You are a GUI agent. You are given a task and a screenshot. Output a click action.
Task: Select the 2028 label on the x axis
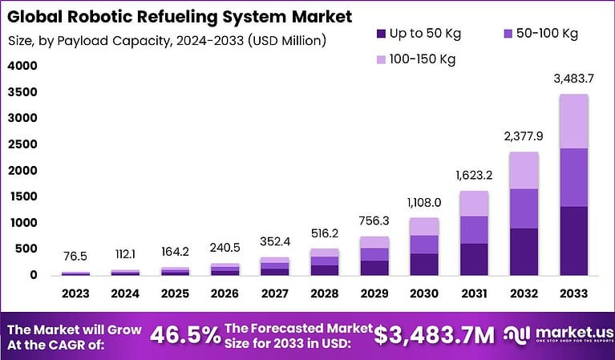click(324, 293)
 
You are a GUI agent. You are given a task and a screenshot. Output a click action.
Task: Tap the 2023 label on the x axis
click(76, 293)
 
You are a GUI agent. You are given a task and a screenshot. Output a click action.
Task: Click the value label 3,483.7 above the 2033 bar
click(573, 78)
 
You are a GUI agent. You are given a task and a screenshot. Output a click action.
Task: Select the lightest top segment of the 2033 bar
click(573, 121)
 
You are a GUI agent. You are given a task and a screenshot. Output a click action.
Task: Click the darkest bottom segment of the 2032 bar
click(524, 252)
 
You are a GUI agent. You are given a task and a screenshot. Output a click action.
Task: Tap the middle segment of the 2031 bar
click(474, 230)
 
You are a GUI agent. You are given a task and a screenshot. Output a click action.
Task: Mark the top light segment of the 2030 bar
click(424, 226)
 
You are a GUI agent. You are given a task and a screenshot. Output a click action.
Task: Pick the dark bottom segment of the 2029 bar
click(374, 268)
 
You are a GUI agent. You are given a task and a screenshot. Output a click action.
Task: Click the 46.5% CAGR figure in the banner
click(186, 335)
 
